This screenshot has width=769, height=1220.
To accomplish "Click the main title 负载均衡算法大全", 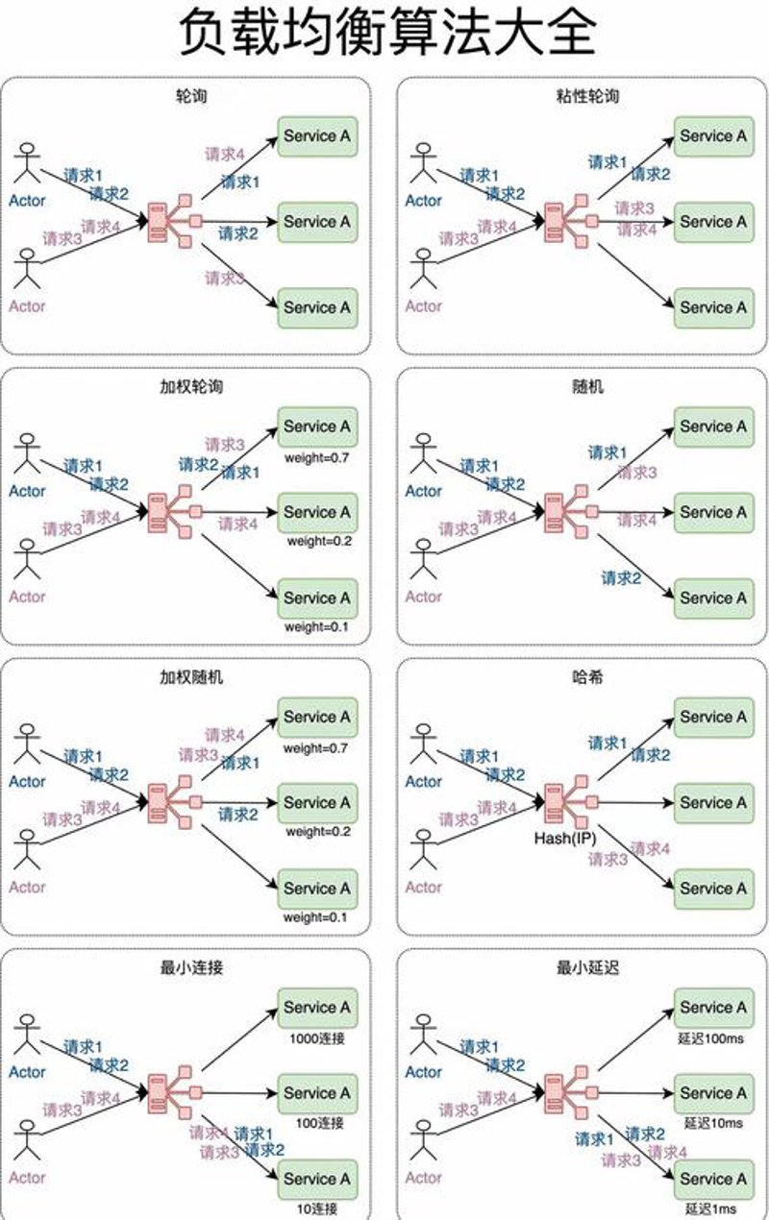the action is click(387, 33).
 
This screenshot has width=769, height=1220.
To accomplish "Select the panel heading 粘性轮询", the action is click(587, 96).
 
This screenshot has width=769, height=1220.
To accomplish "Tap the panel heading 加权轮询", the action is click(191, 387).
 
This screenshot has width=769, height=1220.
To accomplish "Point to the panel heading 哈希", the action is click(587, 677).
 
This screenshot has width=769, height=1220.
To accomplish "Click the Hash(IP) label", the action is click(564, 838).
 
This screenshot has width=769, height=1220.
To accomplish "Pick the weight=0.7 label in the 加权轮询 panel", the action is click(316, 457).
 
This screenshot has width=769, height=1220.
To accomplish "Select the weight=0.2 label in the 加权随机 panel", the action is click(318, 831).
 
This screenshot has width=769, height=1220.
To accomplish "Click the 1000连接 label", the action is click(317, 1038).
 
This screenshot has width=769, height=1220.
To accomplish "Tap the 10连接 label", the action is click(316, 1208).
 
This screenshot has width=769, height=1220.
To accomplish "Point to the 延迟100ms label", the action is click(710, 1038).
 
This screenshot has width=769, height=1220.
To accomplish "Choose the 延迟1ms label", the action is click(710, 1208).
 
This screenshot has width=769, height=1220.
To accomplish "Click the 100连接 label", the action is click(319, 1123).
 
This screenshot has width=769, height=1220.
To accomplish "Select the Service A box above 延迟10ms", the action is click(714, 1093).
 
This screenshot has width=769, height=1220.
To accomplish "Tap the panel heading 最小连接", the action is click(191, 967).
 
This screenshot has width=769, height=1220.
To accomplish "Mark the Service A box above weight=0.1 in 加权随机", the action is click(317, 889).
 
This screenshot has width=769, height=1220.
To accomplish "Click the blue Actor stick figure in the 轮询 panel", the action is click(27, 163).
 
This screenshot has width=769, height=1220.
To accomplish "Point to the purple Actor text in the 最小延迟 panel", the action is click(424, 1177).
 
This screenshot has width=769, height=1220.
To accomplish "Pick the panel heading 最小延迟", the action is click(587, 967).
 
